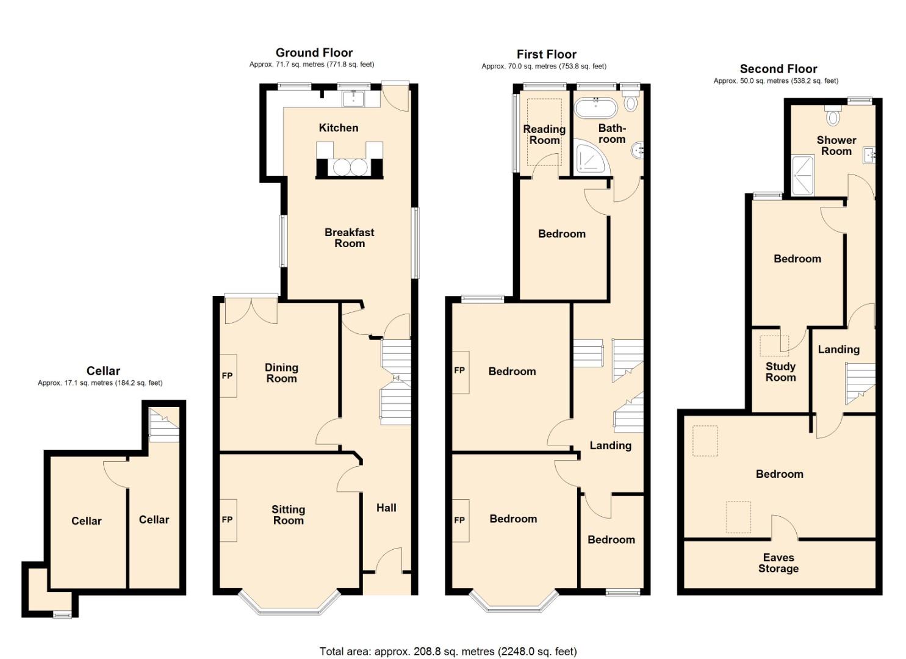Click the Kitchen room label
pyautogui.click(x=338, y=128)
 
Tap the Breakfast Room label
pyautogui.click(x=350, y=237)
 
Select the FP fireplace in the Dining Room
pyautogui.click(x=228, y=376)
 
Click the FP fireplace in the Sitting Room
pyautogui.click(x=228, y=520)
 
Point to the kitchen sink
pyautogui.click(x=353, y=98)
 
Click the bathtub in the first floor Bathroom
pyautogui.click(x=596, y=107)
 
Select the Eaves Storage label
pyautogui.click(x=778, y=563)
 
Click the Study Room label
pyautogui.click(x=780, y=372)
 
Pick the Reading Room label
pyautogui.click(x=544, y=134)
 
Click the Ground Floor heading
pyautogui.click(x=314, y=52)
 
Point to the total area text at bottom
pyautogui.click(x=448, y=651)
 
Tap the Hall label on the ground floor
pyautogui.click(x=386, y=508)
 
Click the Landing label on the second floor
pyautogui.click(x=838, y=349)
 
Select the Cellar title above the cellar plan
pyautogui.click(x=103, y=370)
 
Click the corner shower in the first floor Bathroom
pyautogui.click(x=590, y=157)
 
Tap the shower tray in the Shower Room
pyautogui.click(x=802, y=176)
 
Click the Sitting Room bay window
pyautogui.click(x=289, y=603)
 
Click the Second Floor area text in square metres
pyautogui.click(x=776, y=81)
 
